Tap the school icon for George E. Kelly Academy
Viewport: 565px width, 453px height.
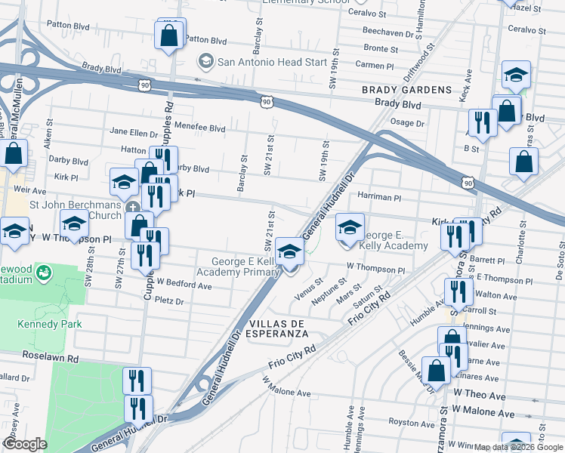(x=350, y=227)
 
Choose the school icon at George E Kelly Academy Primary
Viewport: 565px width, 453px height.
(x=289, y=252)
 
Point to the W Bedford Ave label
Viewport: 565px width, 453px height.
(x=184, y=285)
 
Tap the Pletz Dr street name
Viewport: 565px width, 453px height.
(x=169, y=300)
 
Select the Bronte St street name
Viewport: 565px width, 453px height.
(x=381, y=48)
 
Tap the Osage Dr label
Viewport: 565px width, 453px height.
(x=407, y=122)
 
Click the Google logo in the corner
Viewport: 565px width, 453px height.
(x=24, y=444)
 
